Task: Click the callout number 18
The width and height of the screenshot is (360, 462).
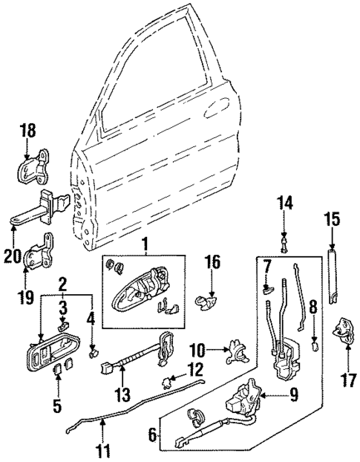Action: pos(27,131)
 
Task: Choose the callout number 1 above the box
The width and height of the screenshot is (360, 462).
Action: pos(145,242)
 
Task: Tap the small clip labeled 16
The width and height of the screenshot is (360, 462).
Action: pos(205,301)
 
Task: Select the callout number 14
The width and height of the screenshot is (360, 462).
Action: pos(286,201)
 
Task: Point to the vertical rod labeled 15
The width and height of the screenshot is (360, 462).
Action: pos(331,279)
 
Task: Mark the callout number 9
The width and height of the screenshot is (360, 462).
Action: pos(295,396)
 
